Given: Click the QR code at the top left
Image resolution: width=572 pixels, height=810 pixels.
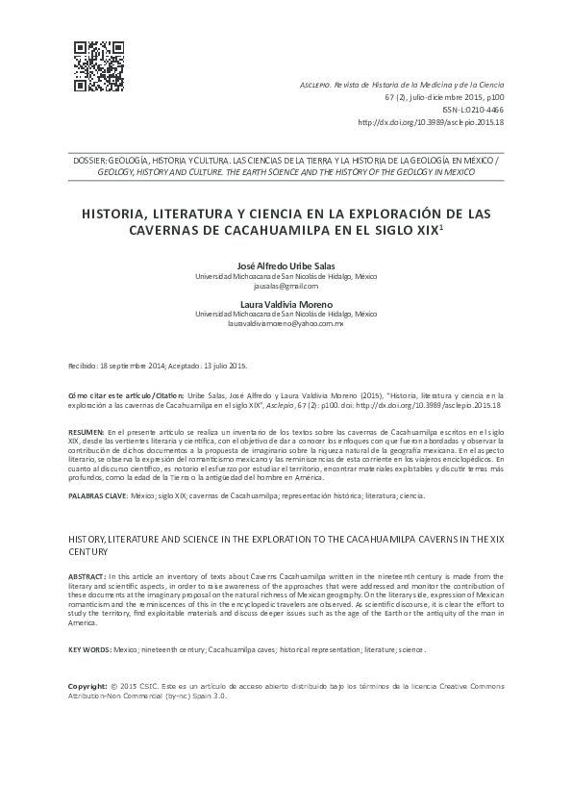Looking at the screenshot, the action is click(99, 65).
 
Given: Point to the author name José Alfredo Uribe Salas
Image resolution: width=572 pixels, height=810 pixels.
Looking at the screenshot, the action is click(286, 266).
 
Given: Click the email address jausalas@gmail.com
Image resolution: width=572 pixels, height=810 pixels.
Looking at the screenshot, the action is click(286, 286).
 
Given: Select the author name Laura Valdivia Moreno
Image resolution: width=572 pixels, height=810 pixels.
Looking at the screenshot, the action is click(286, 304).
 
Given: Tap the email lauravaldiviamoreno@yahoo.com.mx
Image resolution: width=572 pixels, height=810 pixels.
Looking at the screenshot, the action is click(286, 323).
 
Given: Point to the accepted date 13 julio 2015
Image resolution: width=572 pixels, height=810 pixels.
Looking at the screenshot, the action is click(223, 367).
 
